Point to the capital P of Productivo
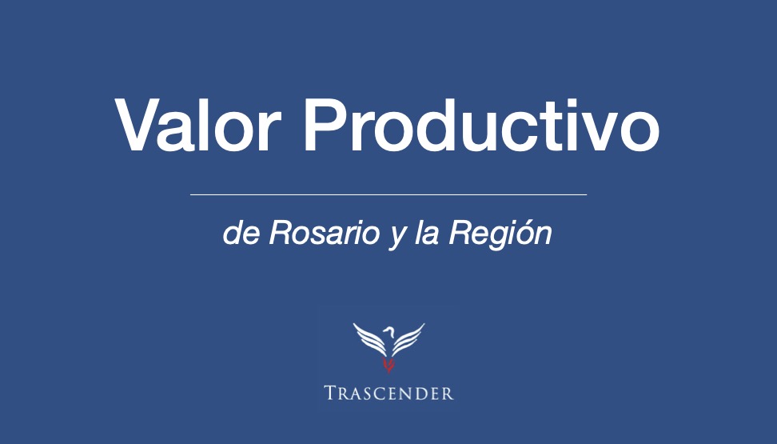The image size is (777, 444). (326, 125)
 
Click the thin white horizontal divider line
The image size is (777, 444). (388, 195)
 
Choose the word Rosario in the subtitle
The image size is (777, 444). (324, 233)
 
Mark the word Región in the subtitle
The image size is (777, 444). (500, 234)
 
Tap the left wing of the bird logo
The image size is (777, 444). (369, 340)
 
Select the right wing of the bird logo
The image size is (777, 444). (408, 339)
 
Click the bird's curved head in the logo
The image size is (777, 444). (389, 330)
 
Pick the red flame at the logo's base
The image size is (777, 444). (389, 366)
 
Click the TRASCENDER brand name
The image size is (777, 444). (389, 394)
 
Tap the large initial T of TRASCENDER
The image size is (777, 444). (331, 393)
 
